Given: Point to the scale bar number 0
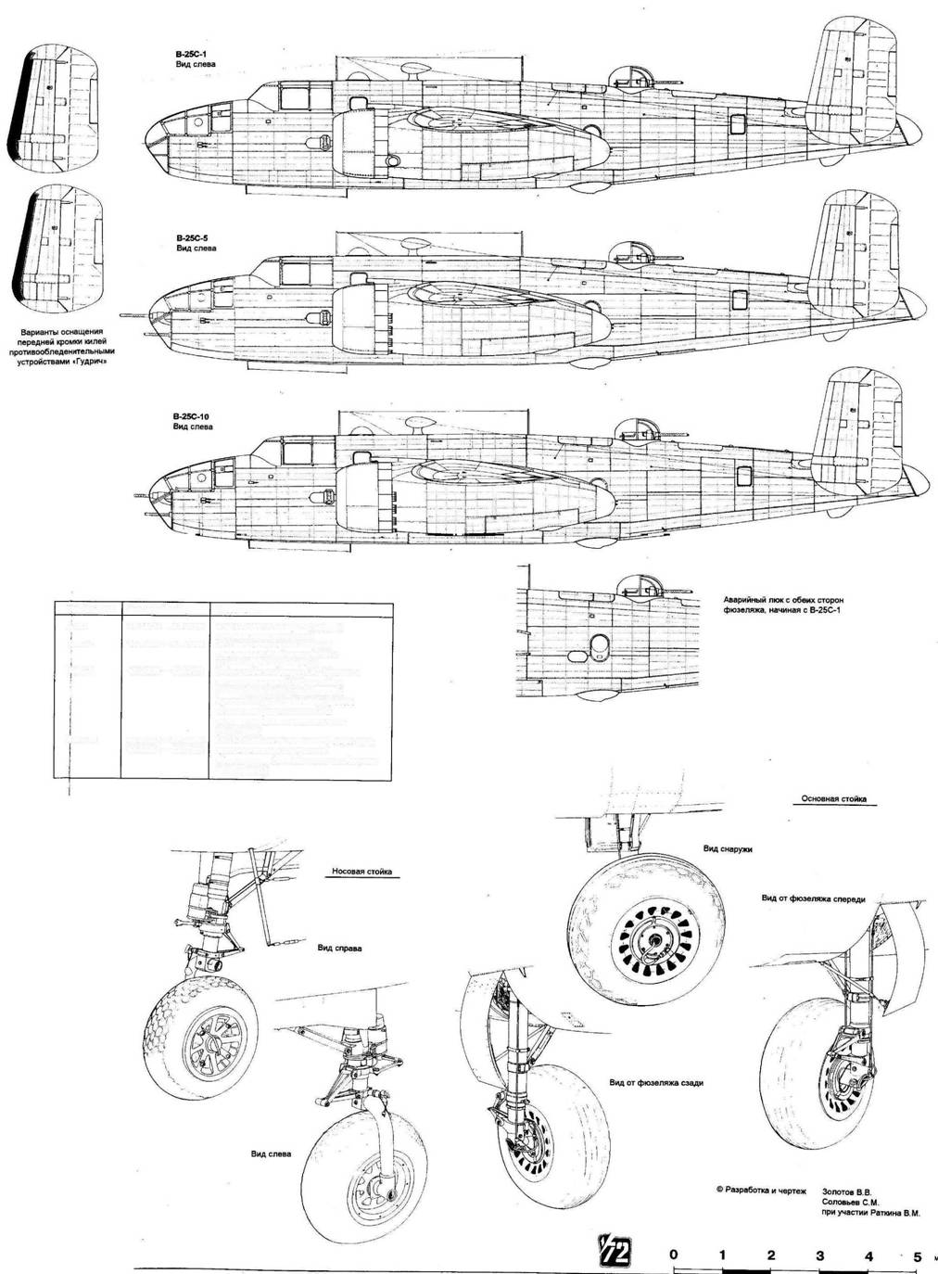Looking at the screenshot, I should tap(673, 1255).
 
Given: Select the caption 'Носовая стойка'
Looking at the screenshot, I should tap(361, 872).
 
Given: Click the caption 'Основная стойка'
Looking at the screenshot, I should tap(828, 798).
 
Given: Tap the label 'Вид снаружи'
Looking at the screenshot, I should tap(728, 848).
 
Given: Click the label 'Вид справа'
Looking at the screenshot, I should tap(339, 949).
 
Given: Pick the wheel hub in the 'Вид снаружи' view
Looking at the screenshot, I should tap(657, 945).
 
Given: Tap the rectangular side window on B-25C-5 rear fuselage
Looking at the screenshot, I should tap(739, 299).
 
